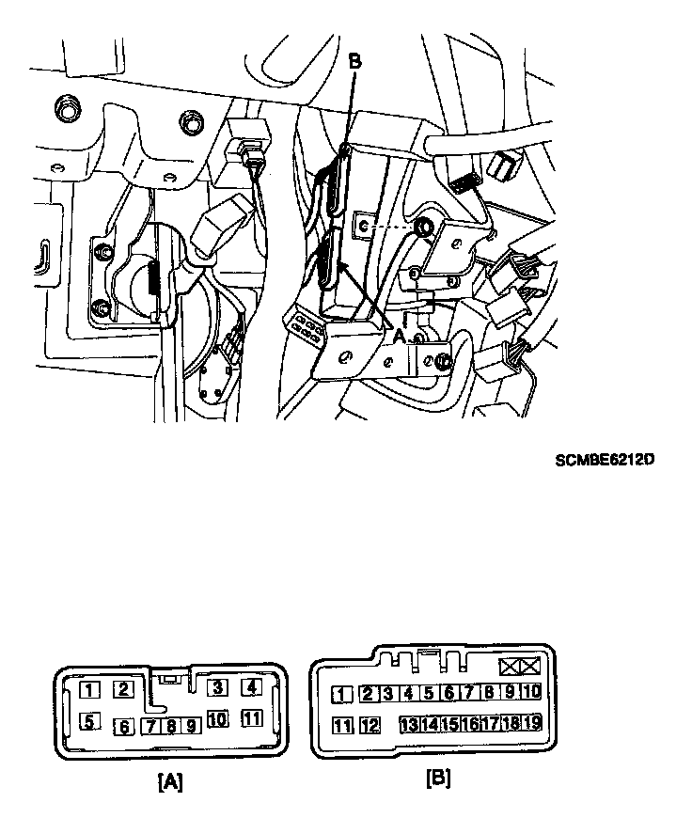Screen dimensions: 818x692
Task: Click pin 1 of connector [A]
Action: (x=89, y=690)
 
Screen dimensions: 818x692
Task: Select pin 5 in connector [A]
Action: (x=89, y=722)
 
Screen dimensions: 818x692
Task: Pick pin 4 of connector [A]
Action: (x=250, y=687)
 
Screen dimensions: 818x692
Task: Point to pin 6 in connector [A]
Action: (x=123, y=726)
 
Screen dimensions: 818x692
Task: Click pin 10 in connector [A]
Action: (x=217, y=719)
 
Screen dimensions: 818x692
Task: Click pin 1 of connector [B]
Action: (x=343, y=695)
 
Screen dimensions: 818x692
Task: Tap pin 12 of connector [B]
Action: (x=370, y=725)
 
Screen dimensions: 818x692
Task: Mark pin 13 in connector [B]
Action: (x=409, y=724)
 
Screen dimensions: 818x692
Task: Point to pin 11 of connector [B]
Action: (x=343, y=725)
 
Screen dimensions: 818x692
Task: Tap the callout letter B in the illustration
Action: (x=354, y=61)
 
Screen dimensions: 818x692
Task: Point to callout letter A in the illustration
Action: (x=398, y=335)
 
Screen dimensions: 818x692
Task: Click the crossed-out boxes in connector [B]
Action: (x=520, y=668)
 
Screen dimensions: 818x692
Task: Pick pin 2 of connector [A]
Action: (x=122, y=689)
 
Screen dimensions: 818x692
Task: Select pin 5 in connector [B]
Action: (x=428, y=694)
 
